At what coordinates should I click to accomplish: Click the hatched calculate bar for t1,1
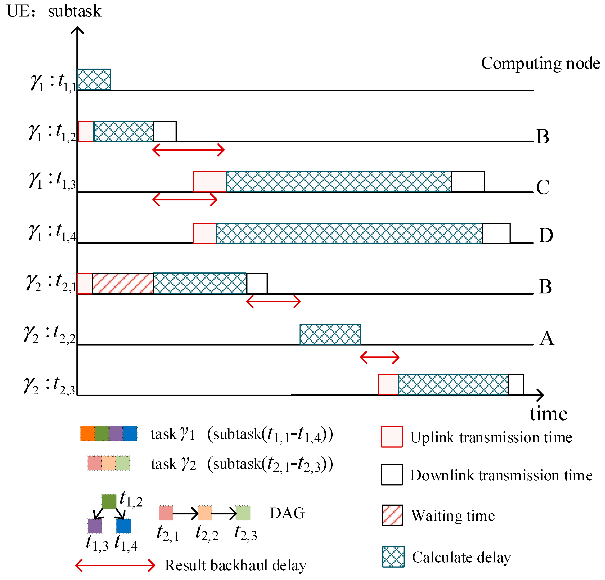[x=94, y=80]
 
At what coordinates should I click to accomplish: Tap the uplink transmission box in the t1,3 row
[x=210, y=182]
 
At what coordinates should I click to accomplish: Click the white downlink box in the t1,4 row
[x=496, y=233]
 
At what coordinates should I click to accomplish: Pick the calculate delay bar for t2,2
[x=330, y=334]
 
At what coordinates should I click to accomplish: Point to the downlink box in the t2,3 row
[x=516, y=385]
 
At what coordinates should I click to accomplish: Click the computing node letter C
[x=543, y=187]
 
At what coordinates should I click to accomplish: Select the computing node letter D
[x=546, y=236]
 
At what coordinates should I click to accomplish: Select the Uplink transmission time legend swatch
[x=392, y=437]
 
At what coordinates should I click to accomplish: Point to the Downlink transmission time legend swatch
[x=392, y=475]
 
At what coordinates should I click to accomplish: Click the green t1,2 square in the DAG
[x=109, y=502]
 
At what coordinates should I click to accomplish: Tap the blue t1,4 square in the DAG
[x=124, y=526]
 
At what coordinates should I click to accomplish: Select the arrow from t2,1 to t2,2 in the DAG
[x=185, y=514]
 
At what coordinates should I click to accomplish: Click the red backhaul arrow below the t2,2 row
[x=380, y=358]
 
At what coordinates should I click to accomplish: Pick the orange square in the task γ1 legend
[x=87, y=433]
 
